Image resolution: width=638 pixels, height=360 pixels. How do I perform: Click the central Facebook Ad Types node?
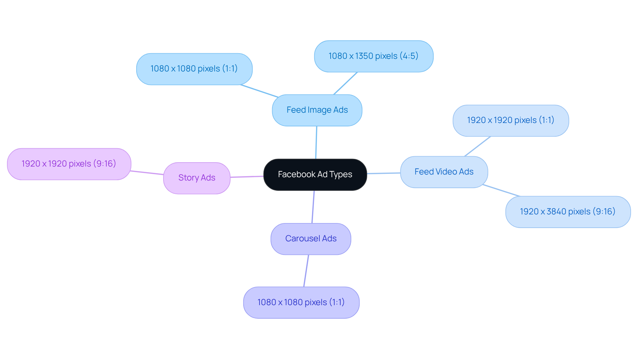click(315, 175)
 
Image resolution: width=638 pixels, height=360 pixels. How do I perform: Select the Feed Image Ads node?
click(317, 110)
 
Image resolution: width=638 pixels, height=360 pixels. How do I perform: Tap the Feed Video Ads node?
click(444, 172)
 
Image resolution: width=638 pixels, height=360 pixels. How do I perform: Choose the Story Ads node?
click(197, 178)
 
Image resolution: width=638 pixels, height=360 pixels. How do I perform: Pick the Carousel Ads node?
click(311, 239)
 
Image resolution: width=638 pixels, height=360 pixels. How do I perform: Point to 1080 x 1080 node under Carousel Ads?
click(301, 302)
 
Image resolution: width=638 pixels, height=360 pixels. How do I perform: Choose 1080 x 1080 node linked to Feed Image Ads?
click(194, 69)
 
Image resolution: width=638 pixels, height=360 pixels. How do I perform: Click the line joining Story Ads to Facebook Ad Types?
click(247, 177)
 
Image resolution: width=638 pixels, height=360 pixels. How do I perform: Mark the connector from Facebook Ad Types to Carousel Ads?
click(313, 207)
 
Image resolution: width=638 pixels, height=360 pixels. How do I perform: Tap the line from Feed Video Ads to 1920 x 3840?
click(501, 190)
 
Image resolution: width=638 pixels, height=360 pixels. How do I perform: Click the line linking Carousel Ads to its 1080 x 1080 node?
click(306, 271)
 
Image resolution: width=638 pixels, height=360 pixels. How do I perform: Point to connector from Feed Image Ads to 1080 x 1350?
click(345, 83)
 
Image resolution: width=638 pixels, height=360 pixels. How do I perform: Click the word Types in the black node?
click(341, 175)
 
